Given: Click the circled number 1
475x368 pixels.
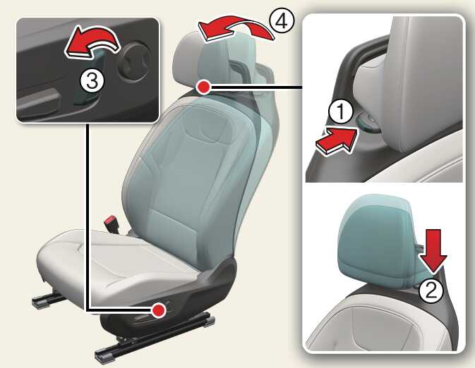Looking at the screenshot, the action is [341, 111].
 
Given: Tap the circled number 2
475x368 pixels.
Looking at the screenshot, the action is [431, 290].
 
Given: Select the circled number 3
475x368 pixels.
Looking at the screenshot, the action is [92, 81].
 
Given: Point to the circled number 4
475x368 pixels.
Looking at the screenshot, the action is [282, 21].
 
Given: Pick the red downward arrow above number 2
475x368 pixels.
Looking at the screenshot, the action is [433, 250].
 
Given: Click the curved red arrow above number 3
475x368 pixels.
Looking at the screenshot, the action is [92, 42].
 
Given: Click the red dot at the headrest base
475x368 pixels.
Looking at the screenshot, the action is [203, 87].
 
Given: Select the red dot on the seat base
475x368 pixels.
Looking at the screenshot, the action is [158, 310].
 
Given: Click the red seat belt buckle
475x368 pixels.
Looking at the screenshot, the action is [112, 223].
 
